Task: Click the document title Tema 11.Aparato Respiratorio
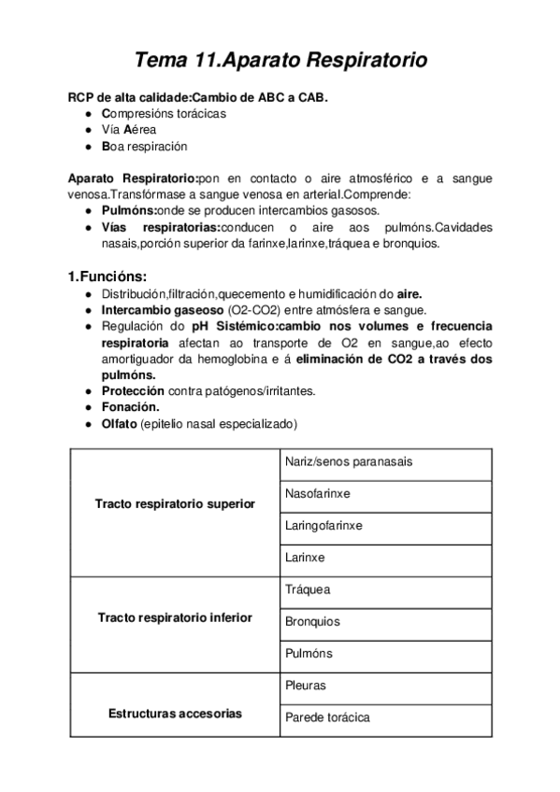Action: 280,61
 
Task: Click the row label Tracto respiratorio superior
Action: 175,504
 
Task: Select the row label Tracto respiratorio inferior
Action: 175,617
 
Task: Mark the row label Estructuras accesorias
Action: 175,714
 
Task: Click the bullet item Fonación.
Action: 130,407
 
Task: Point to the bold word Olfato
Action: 119,423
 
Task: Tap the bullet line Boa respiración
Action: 144,147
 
